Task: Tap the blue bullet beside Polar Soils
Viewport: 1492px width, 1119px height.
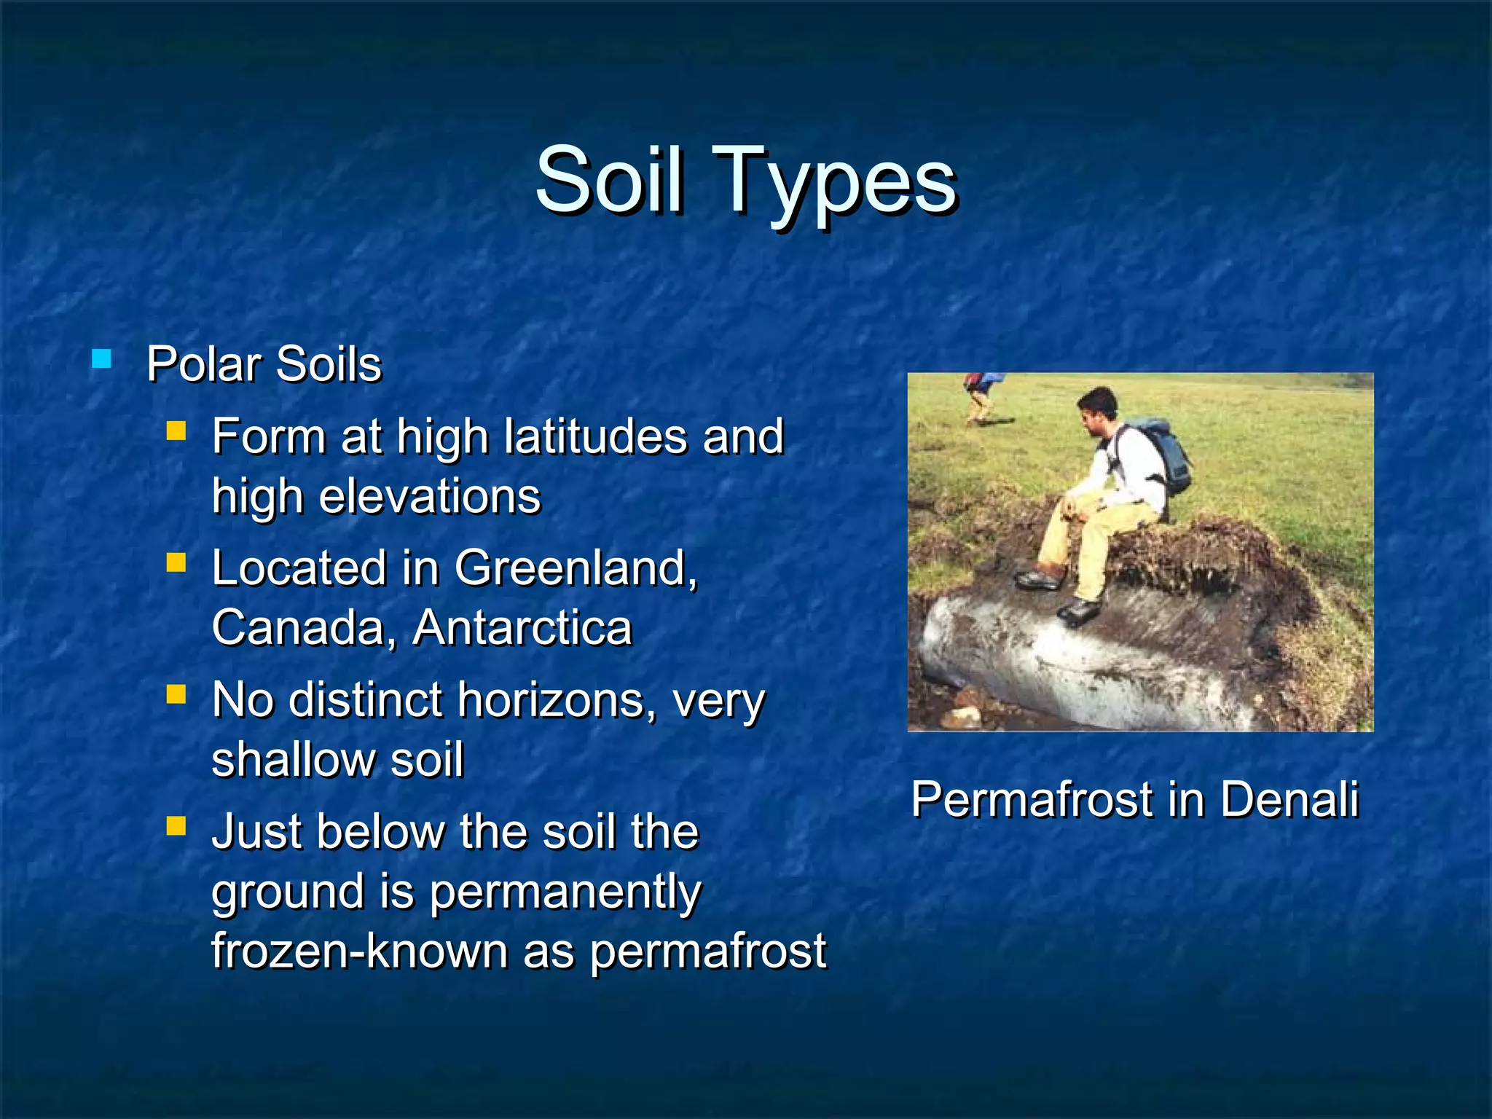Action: (x=102, y=359)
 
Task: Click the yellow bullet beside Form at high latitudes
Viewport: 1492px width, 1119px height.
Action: (x=176, y=432)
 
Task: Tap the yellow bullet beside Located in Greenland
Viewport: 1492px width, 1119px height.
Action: (x=176, y=562)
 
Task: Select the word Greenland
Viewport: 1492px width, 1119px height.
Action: (x=576, y=568)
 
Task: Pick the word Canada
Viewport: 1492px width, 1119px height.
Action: (x=299, y=627)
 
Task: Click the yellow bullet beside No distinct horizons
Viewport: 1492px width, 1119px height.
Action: (x=176, y=694)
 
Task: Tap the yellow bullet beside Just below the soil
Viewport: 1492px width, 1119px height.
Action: (x=176, y=825)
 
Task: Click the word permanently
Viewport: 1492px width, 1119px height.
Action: (x=565, y=892)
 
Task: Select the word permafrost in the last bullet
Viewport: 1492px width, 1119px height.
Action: (x=707, y=951)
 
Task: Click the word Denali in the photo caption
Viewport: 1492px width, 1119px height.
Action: (x=1289, y=799)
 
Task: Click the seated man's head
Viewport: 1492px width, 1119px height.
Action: (x=1098, y=409)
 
